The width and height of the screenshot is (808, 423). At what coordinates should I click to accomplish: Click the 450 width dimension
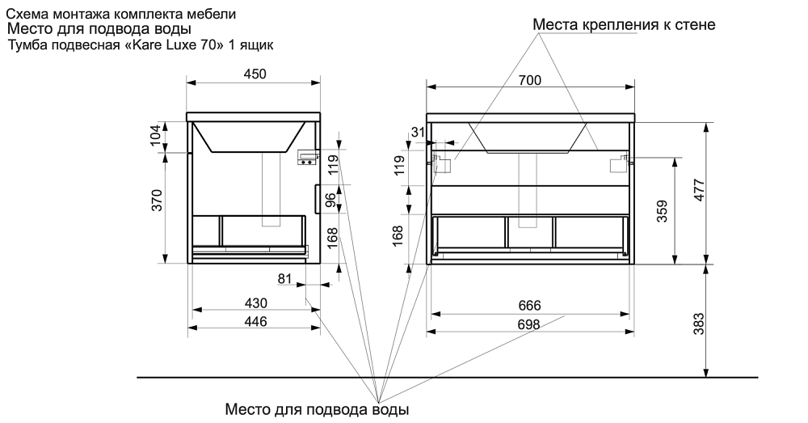coord(255,74)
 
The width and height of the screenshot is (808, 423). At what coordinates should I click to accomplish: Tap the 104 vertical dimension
coord(157,135)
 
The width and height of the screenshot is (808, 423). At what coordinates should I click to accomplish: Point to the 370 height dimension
coord(158,200)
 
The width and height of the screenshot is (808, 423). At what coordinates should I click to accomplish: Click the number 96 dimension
coord(330,201)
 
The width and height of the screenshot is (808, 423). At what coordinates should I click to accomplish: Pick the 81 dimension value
coord(284,279)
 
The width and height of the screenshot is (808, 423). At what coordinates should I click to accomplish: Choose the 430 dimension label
coord(255,303)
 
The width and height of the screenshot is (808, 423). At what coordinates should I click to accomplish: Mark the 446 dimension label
coord(255,321)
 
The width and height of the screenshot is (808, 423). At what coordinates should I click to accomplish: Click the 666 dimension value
coord(528,306)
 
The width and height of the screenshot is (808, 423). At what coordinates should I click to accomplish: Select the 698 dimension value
coord(528,324)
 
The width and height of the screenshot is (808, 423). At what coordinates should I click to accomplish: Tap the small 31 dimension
coord(418,133)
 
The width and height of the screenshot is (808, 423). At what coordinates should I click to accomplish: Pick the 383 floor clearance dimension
coord(700,324)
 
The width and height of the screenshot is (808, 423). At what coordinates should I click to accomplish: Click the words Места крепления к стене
coord(624,25)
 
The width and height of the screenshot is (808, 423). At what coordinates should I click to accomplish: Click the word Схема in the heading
coord(27,14)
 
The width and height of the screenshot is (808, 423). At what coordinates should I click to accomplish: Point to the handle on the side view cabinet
coord(315,200)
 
